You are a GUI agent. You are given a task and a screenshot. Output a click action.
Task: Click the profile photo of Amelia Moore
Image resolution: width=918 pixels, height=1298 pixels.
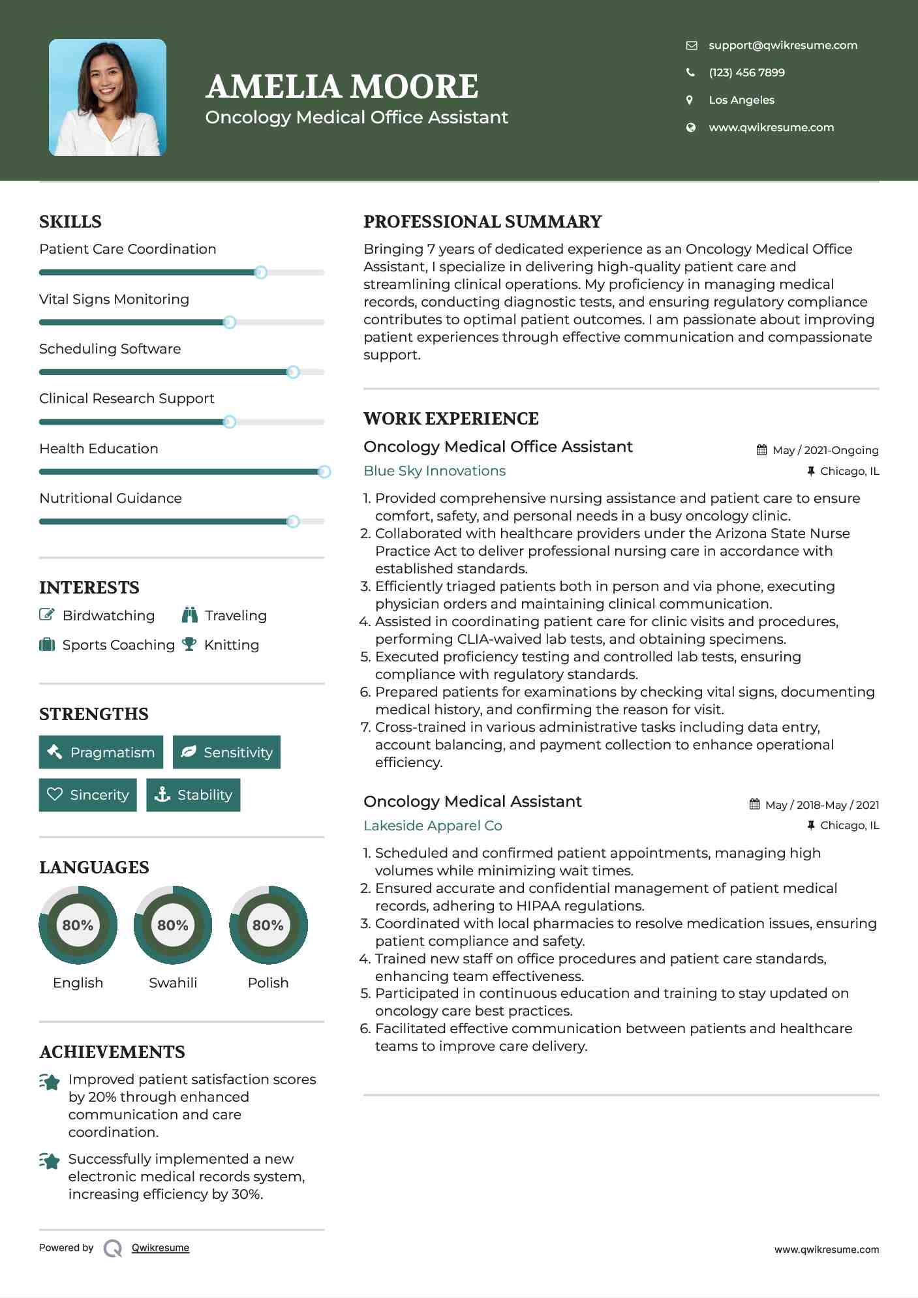[108, 98]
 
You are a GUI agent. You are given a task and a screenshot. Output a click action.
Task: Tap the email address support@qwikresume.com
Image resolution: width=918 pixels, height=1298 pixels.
[782, 45]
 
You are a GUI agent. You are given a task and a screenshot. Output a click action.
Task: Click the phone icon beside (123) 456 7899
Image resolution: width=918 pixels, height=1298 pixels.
[690, 72]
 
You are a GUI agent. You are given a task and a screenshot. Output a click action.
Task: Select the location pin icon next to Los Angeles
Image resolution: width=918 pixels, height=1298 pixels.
[690, 100]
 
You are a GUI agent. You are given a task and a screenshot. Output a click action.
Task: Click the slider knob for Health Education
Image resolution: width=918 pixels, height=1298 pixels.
[324, 472]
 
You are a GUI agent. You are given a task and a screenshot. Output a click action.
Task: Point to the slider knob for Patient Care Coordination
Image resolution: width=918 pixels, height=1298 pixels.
[260, 273]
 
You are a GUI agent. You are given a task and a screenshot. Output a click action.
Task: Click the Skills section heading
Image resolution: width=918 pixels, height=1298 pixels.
[70, 222]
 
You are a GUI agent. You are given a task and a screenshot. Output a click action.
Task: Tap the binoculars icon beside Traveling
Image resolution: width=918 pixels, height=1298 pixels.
[190, 615]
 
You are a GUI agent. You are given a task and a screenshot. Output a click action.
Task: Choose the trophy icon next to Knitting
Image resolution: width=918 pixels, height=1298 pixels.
[189, 644]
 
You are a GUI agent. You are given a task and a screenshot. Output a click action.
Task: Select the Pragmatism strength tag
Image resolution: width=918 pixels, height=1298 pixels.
[101, 752]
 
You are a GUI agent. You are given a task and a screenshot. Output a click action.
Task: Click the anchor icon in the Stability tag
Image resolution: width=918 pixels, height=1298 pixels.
[162, 794]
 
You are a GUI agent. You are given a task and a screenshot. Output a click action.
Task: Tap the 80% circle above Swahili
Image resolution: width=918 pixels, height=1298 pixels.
[173, 925]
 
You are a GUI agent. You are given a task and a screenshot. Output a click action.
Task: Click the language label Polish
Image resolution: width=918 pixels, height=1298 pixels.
[268, 982]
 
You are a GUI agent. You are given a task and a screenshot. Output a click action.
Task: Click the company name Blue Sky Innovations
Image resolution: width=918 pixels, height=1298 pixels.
[435, 471]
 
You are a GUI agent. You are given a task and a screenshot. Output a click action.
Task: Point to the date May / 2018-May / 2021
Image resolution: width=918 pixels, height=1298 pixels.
[821, 805]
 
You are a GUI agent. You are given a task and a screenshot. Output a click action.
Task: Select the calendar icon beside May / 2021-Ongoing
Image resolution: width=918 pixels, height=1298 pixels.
[761, 450]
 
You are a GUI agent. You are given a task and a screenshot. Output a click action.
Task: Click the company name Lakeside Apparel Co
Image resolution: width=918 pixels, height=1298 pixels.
[433, 826]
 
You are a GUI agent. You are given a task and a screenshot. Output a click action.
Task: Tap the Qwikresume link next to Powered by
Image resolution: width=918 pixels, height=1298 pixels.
[161, 1248]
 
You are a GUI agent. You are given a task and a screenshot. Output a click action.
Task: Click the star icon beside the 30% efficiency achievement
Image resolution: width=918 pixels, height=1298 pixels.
[50, 1161]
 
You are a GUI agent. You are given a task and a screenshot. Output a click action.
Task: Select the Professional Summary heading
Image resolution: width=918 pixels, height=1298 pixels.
[482, 222]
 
